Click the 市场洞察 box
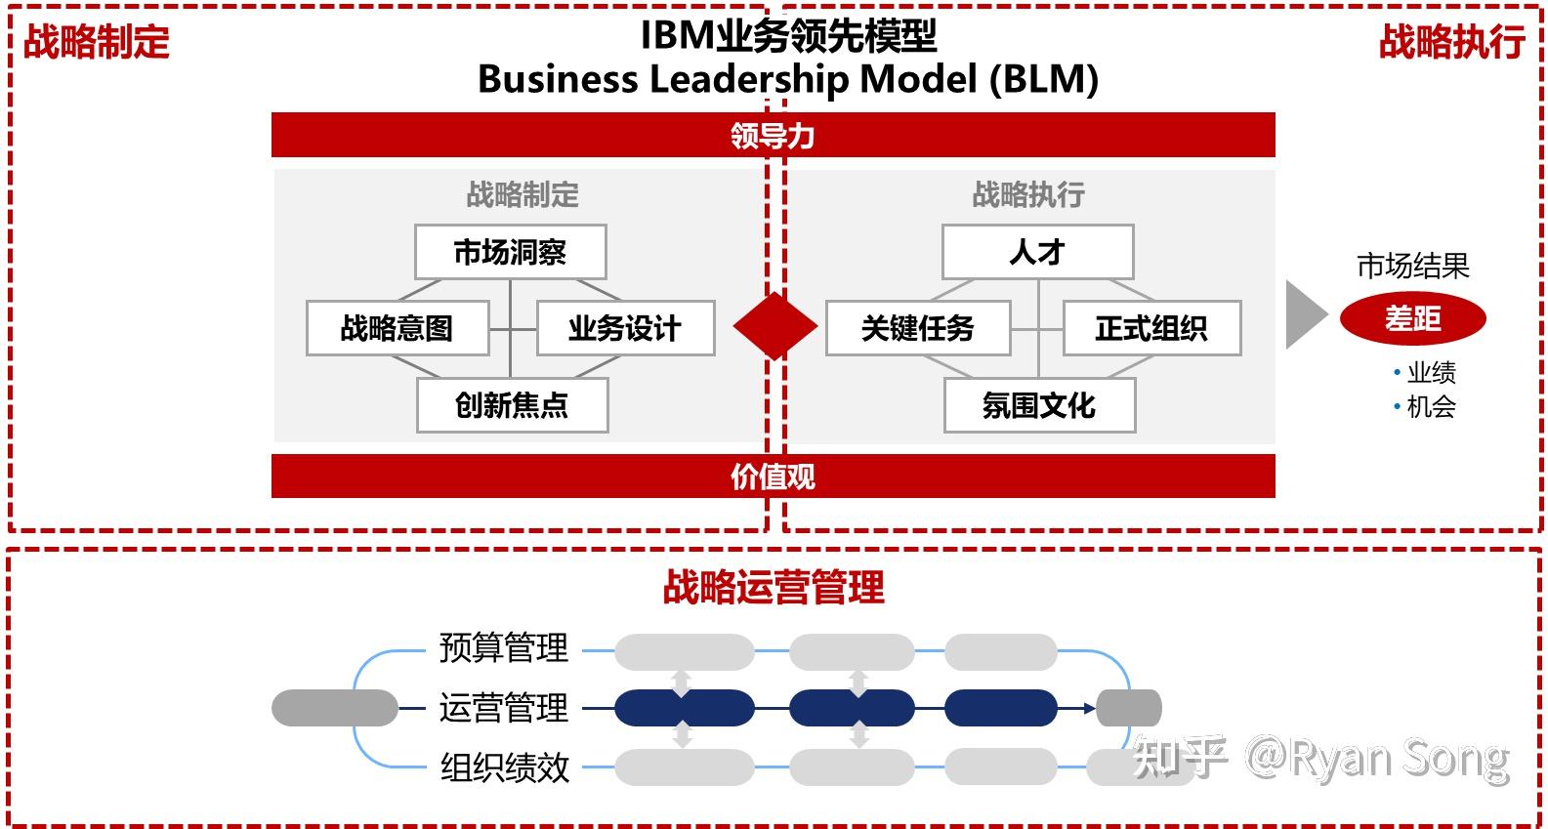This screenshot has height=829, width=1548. (510, 252)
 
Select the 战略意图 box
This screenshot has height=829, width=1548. (397, 328)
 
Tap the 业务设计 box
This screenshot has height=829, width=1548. (625, 328)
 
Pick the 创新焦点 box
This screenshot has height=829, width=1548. (512, 404)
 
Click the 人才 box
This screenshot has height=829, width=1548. (1037, 252)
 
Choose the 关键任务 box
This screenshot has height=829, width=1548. (917, 328)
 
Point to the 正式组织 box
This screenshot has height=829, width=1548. (1151, 328)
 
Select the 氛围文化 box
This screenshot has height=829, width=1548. (1039, 404)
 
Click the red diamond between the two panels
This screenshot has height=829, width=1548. (774, 326)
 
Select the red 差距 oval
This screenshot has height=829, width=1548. (1412, 318)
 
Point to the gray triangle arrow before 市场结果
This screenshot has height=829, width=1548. (1304, 314)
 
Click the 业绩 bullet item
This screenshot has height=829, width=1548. (1431, 372)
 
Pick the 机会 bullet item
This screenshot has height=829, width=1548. (1431, 406)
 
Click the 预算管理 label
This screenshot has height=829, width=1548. (503, 647)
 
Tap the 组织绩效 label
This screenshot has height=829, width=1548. (504, 767)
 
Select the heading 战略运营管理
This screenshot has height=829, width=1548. (774, 588)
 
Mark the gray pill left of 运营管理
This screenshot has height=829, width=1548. (334, 707)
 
